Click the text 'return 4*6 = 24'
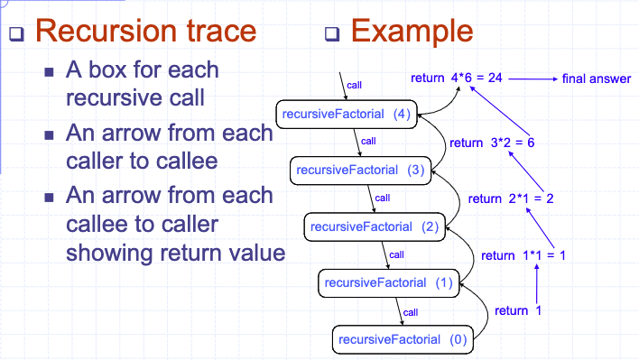click(x=456, y=78)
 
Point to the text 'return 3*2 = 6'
click(x=493, y=143)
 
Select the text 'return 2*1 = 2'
click(x=511, y=198)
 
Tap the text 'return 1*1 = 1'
click(x=523, y=255)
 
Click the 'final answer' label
click(x=596, y=79)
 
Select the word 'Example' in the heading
click(x=412, y=31)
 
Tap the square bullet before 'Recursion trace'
click(x=16, y=35)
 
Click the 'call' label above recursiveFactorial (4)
click(x=355, y=84)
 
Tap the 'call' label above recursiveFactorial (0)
click(x=410, y=311)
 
